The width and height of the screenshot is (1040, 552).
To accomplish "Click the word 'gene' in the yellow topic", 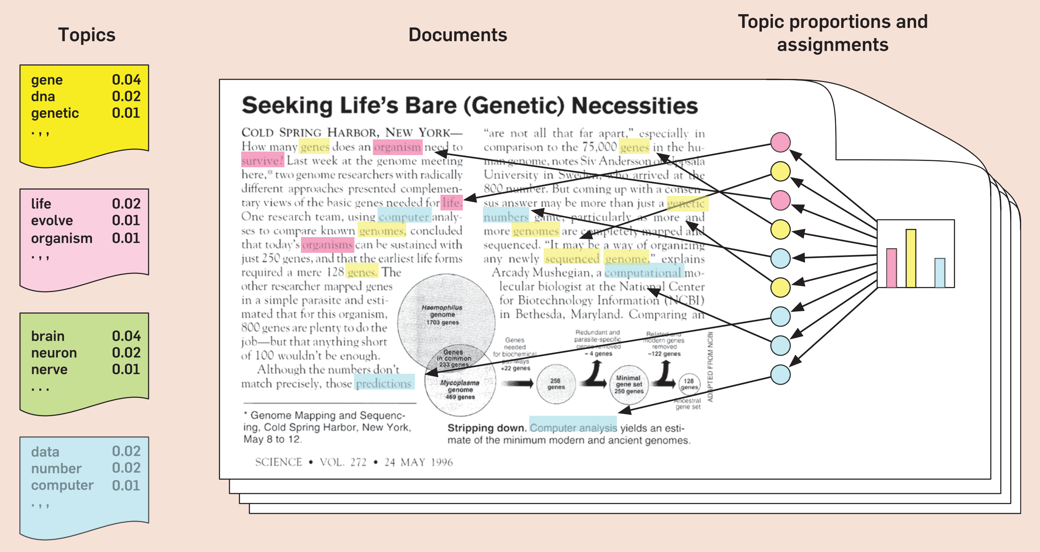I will pos(47,80).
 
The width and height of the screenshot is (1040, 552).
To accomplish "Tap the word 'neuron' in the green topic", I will pos(54,353).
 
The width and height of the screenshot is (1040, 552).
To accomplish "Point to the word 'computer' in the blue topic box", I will pos(62,485).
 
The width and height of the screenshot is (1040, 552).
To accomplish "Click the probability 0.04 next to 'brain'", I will pos(126,336).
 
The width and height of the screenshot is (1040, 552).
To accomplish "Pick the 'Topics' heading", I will pos(86,35).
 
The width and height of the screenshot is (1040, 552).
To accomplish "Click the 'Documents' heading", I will pos(457,35).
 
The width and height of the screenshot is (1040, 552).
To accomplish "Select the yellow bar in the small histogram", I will pos(910,258).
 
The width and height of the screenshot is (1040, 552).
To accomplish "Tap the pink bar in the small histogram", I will pos(891,268).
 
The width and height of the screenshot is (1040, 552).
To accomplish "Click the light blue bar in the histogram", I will pos(939,273).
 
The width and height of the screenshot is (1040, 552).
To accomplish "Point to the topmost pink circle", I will pos(780,142).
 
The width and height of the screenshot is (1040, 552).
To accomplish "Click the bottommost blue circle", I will pos(780,375).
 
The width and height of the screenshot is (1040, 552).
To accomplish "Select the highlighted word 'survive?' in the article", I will pos(263,160).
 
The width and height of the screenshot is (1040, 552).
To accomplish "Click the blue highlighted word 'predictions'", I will pos(384,383).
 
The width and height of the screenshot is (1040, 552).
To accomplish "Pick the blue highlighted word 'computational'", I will pos(643,272).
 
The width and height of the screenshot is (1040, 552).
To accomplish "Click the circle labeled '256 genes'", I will pos(556,384).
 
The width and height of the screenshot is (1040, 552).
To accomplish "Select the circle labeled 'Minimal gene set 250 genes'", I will pos(628,384).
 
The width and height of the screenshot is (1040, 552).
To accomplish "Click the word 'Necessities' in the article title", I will pos(635,106).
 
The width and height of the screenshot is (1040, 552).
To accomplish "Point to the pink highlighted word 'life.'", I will pos(451,203).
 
